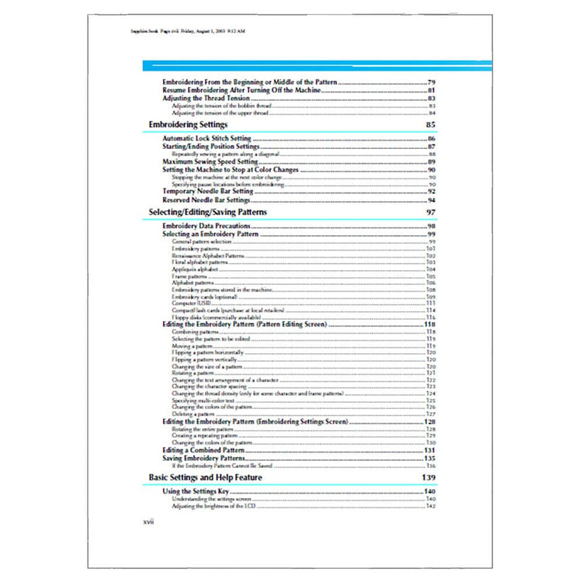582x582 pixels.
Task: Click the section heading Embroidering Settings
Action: (188, 124)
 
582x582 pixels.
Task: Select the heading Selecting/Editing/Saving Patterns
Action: (208, 212)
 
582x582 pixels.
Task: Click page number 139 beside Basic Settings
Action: (428, 477)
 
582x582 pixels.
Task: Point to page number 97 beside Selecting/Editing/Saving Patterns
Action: (431, 212)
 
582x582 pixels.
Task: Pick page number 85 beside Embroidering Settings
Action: (431, 124)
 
